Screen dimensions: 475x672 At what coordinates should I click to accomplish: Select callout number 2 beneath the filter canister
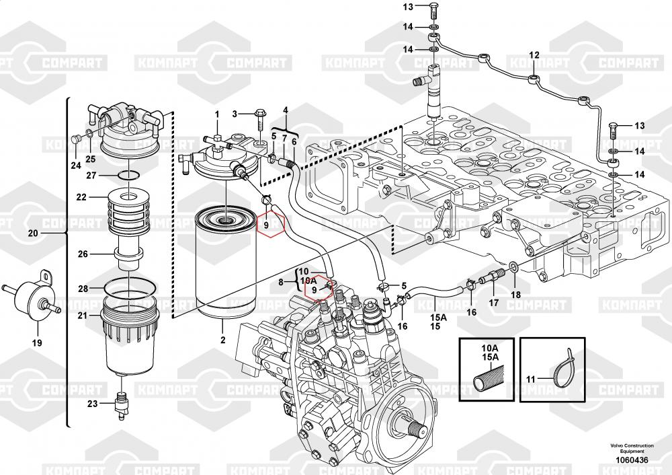click(222, 340)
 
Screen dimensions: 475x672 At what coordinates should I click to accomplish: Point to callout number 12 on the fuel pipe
click(534, 55)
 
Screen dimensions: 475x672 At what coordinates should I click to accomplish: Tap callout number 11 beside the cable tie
click(530, 379)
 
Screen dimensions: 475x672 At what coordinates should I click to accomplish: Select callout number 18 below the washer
click(515, 295)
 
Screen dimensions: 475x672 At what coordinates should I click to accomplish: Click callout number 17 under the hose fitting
click(493, 303)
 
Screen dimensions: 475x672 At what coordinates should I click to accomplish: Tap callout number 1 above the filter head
click(217, 115)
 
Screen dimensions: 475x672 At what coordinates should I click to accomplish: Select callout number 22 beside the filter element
click(81, 197)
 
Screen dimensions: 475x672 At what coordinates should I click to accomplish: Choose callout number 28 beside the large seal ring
click(83, 289)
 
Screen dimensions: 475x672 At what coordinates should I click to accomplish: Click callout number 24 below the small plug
click(75, 166)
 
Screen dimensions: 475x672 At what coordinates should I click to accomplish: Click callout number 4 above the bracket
click(285, 110)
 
